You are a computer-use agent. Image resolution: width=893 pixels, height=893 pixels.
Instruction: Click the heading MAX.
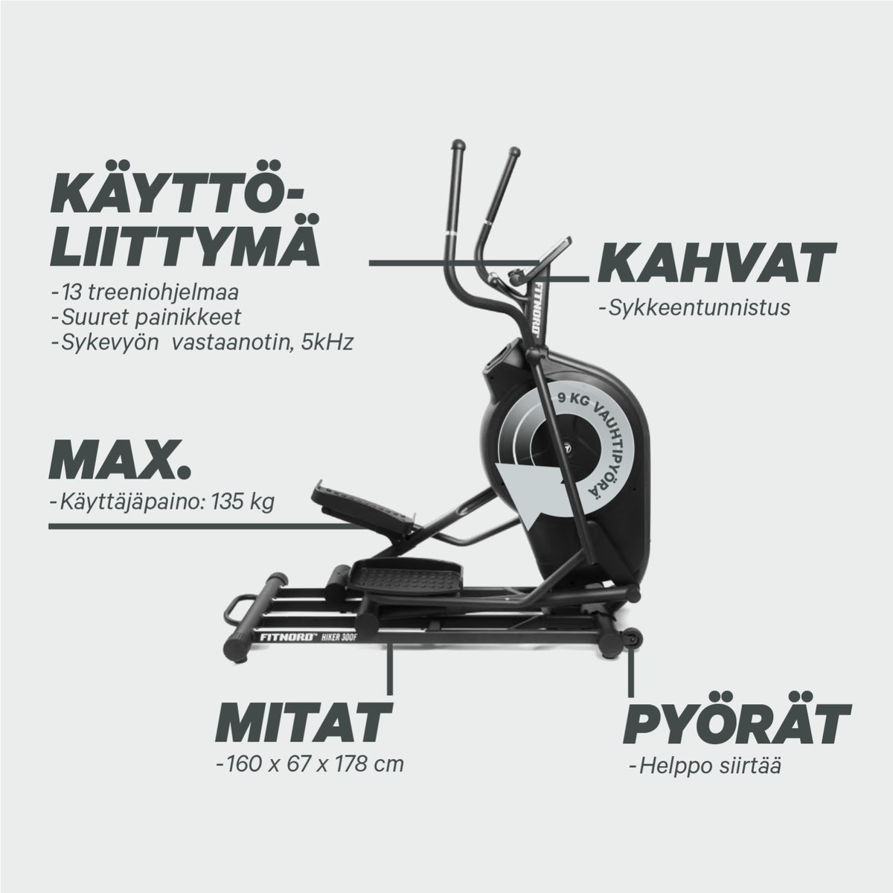tap(121, 461)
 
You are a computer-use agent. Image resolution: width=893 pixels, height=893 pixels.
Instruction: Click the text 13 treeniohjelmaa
tap(126, 290)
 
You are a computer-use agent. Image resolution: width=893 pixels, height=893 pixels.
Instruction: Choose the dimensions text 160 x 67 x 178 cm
tap(309, 764)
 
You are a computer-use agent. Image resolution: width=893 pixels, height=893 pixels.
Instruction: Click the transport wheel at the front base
tap(632, 638)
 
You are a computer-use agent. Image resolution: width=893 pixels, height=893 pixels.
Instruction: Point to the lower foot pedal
tap(406, 574)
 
